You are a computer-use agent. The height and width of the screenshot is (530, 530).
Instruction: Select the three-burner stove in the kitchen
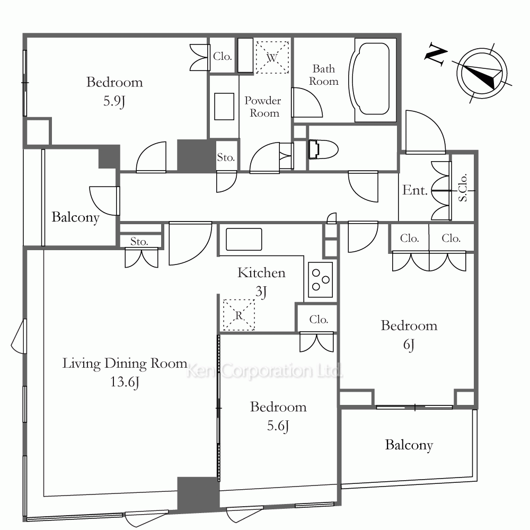click(x=321, y=279)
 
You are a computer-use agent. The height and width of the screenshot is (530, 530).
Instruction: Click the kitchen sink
click(x=244, y=240)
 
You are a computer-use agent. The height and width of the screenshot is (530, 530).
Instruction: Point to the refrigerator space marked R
click(x=238, y=315)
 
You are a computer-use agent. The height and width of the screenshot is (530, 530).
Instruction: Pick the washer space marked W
click(x=272, y=57)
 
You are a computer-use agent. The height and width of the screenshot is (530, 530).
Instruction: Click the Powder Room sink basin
click(x=224, y=107)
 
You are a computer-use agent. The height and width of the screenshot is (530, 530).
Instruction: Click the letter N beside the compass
click(x=436, y=54)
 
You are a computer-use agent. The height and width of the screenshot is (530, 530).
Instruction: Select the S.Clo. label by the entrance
click(x=463, y=188)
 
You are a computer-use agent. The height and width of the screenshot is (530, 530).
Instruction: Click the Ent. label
click(x=415, y=190)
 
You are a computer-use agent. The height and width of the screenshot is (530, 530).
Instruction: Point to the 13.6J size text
click(x=125, y=382)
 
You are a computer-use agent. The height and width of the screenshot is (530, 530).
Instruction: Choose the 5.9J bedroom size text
click(x=114, y=101)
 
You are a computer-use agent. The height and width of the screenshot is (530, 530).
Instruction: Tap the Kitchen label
click(x=261, y=273)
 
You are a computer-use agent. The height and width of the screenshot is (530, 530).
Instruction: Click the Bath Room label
click(x=323, y=75)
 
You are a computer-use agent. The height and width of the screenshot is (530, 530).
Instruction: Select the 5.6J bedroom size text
click(x=278, y=426)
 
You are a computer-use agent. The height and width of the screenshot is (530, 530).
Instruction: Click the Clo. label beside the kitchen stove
click(x=319, y=320)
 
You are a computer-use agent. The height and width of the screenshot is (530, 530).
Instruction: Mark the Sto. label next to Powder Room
click(x=226, y=157)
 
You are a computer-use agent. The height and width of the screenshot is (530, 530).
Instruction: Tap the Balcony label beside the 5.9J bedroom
click(x=75, y=217)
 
